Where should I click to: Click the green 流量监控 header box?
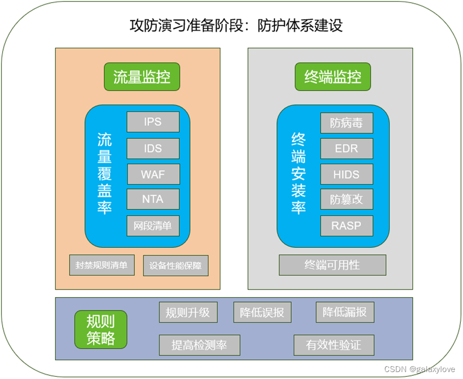(x=142, y=77)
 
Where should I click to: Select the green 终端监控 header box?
(x=333, y=77)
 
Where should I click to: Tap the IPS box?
(x=153, y=122)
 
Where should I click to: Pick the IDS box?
(x=153, y=148)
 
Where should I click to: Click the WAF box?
(x=153, y=175)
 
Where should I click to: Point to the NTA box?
(x=153, y=200)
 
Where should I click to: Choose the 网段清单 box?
(x=153, y=226)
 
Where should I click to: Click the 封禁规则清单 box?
(x=102, y=266)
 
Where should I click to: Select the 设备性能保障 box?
(x=176, y=266)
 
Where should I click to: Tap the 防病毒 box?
(x=346, y=123)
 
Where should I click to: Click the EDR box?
(x=346, y=148)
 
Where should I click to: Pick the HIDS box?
(x=346, y=175)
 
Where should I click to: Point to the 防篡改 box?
(x=346, y=200)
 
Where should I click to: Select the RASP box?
(x=346, y=226)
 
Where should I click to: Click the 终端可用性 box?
(x=332, y=265)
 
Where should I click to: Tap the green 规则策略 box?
(x=101, y=329)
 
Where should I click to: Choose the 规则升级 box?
(x=188, y=313)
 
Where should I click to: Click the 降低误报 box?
(x=262, y=313)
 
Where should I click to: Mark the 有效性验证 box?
(x=333, y=345)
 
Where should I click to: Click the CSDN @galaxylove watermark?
(x=420, y=369)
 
